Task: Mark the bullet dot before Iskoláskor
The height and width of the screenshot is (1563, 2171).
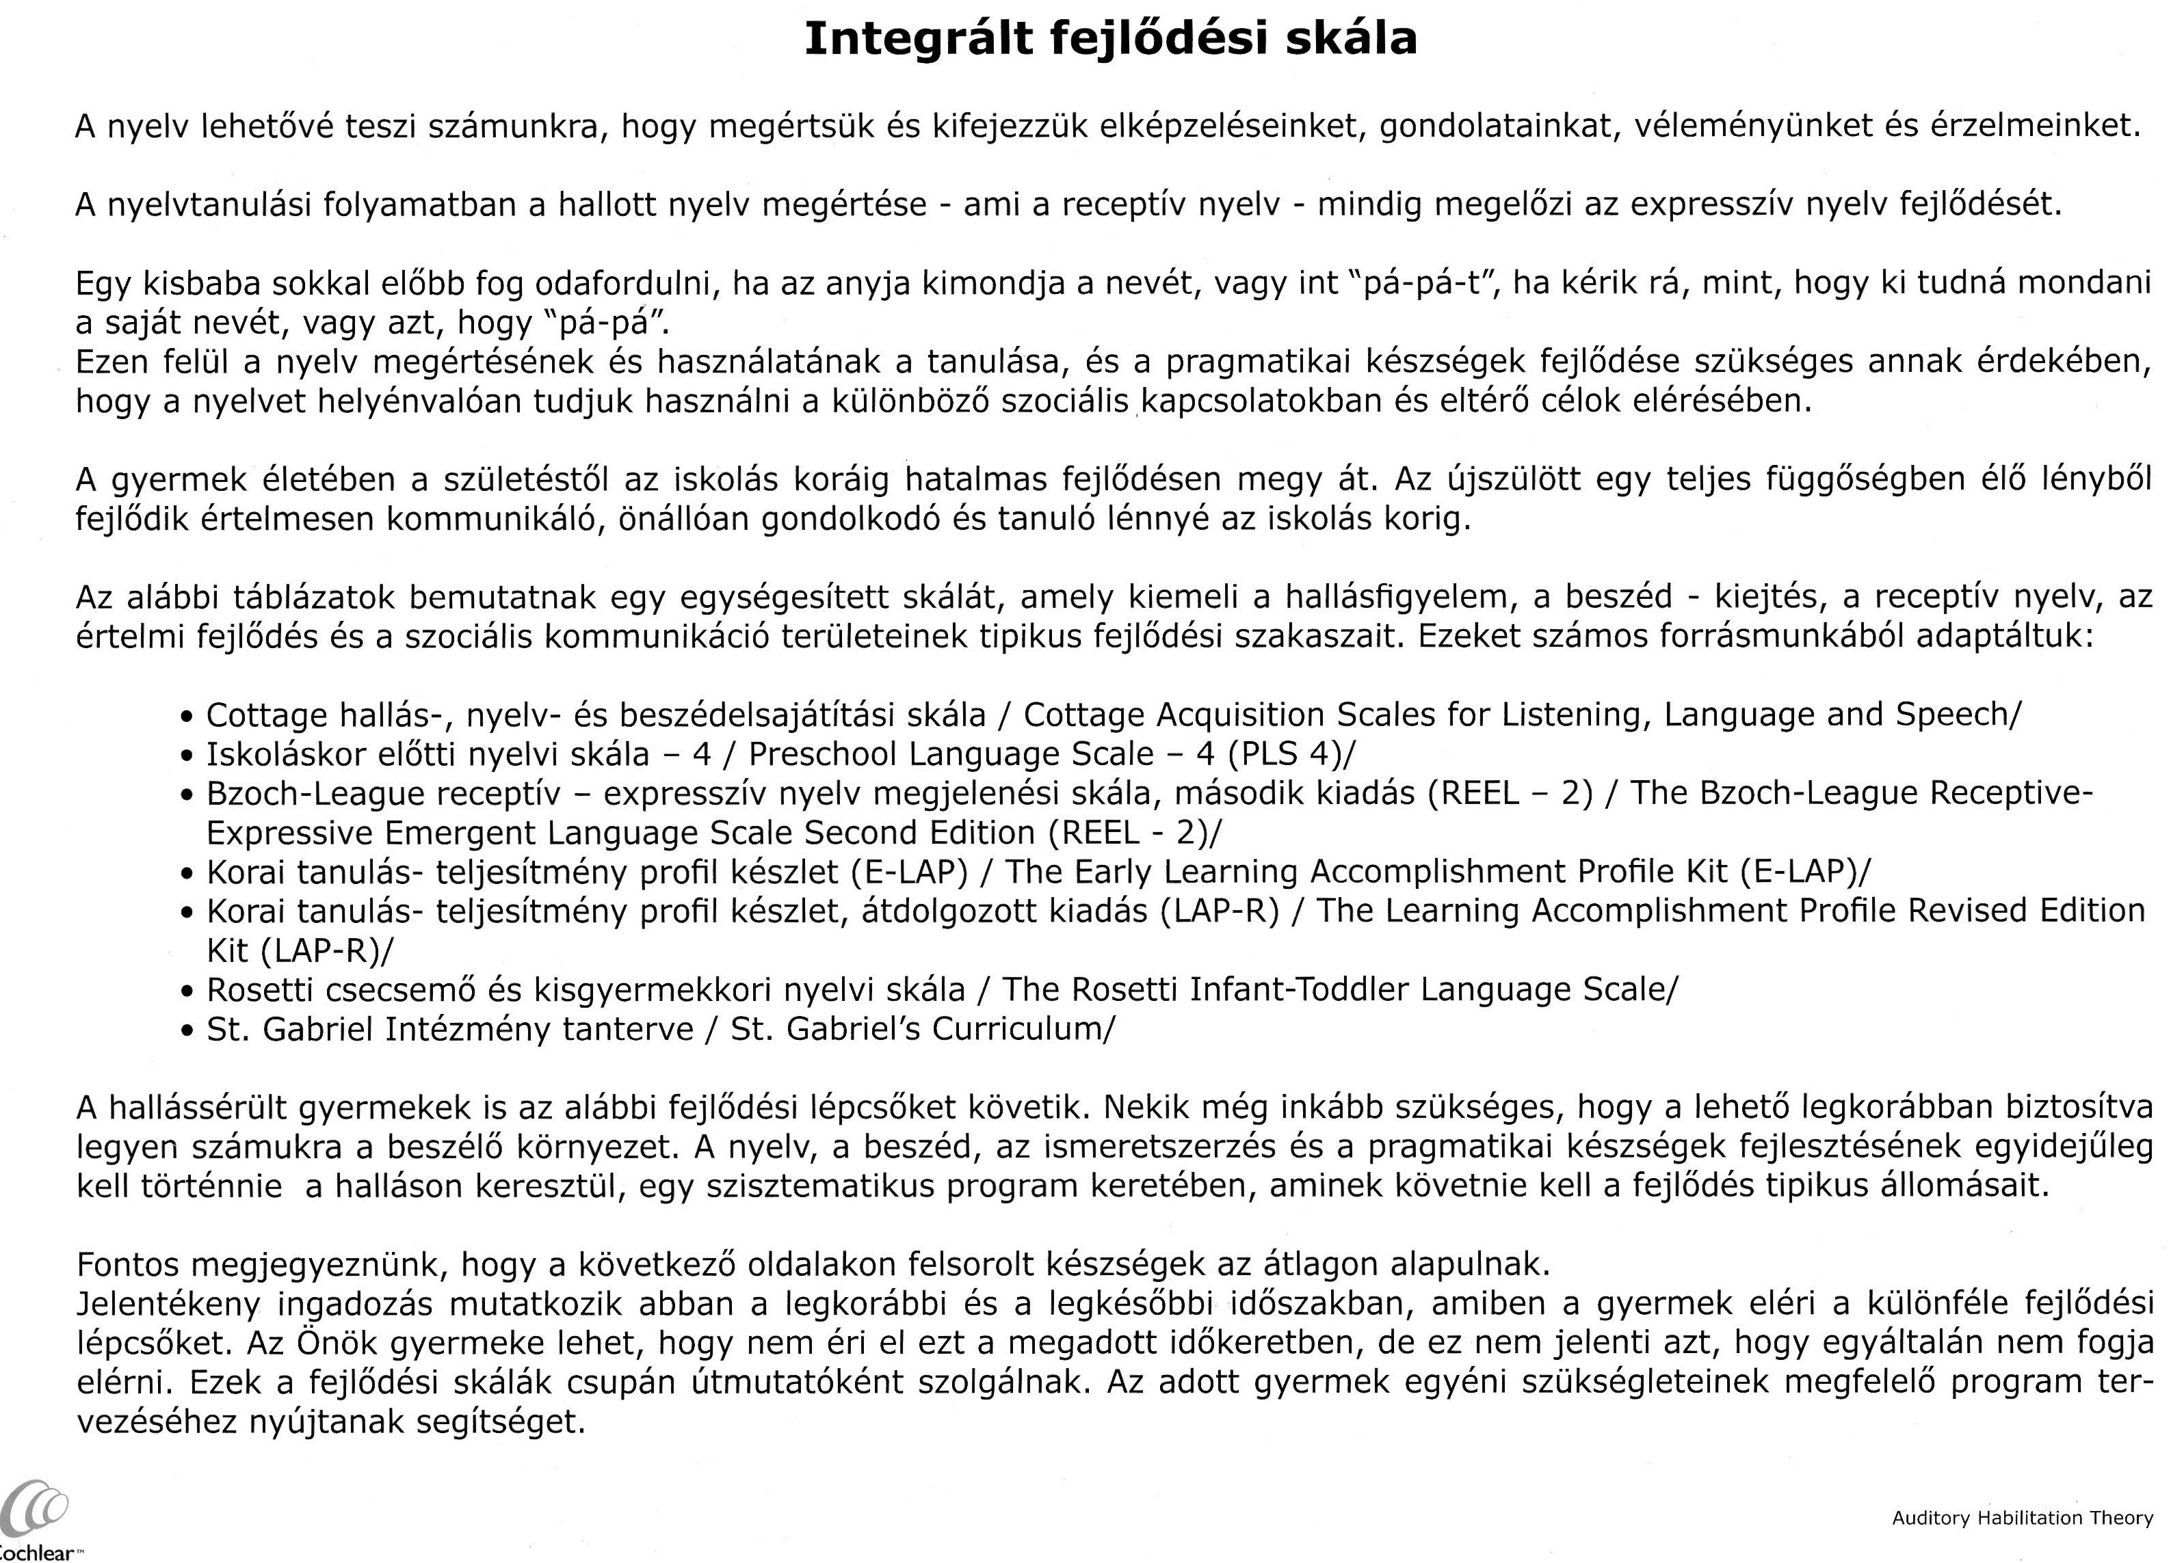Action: click(x=187, y=756)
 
